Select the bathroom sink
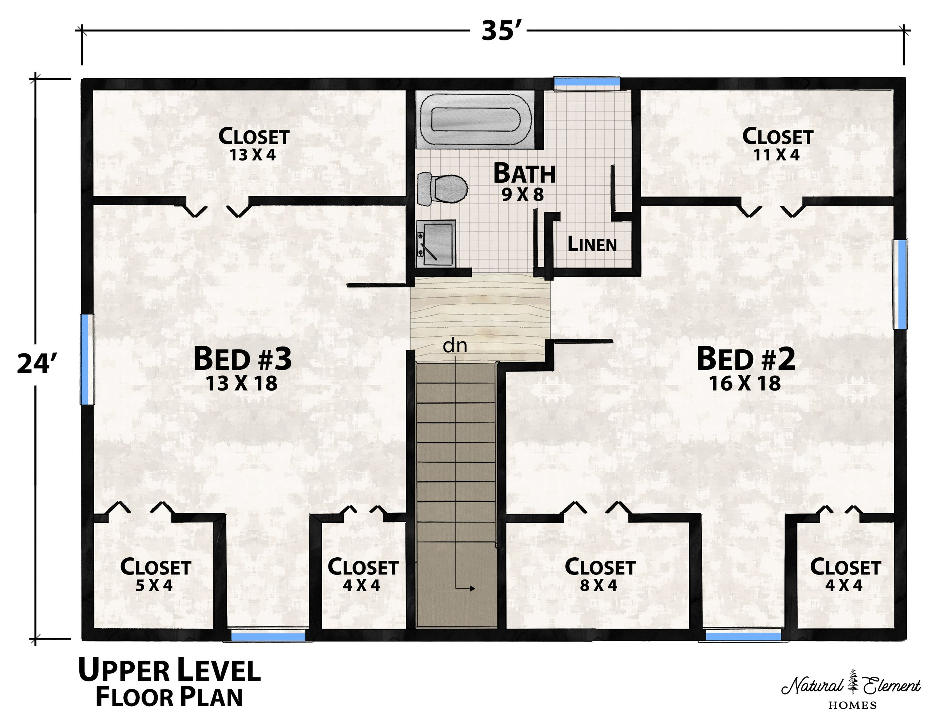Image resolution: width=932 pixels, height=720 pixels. coord(436,244)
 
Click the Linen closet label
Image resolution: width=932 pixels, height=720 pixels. coord(592,244)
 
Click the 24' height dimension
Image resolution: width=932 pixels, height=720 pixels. coord(37,364)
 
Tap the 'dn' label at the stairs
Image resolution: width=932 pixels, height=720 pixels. coord(455,345)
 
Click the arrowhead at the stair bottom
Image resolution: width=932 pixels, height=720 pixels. coord(472,588)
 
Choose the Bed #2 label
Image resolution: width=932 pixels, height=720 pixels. coord(746,359)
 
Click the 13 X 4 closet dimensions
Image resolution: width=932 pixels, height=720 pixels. coord(253,154)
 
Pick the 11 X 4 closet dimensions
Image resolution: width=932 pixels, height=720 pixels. coord(777,154)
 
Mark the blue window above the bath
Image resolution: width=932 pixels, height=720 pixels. coord(587,82)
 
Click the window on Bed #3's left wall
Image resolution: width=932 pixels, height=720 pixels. coord(87,359)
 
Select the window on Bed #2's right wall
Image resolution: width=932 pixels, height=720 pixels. coord(900,284)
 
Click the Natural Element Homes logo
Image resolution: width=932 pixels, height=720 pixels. coord(851,689)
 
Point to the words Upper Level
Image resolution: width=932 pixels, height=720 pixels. coord(169,670)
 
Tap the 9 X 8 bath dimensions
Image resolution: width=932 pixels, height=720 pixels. coord(523,195)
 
